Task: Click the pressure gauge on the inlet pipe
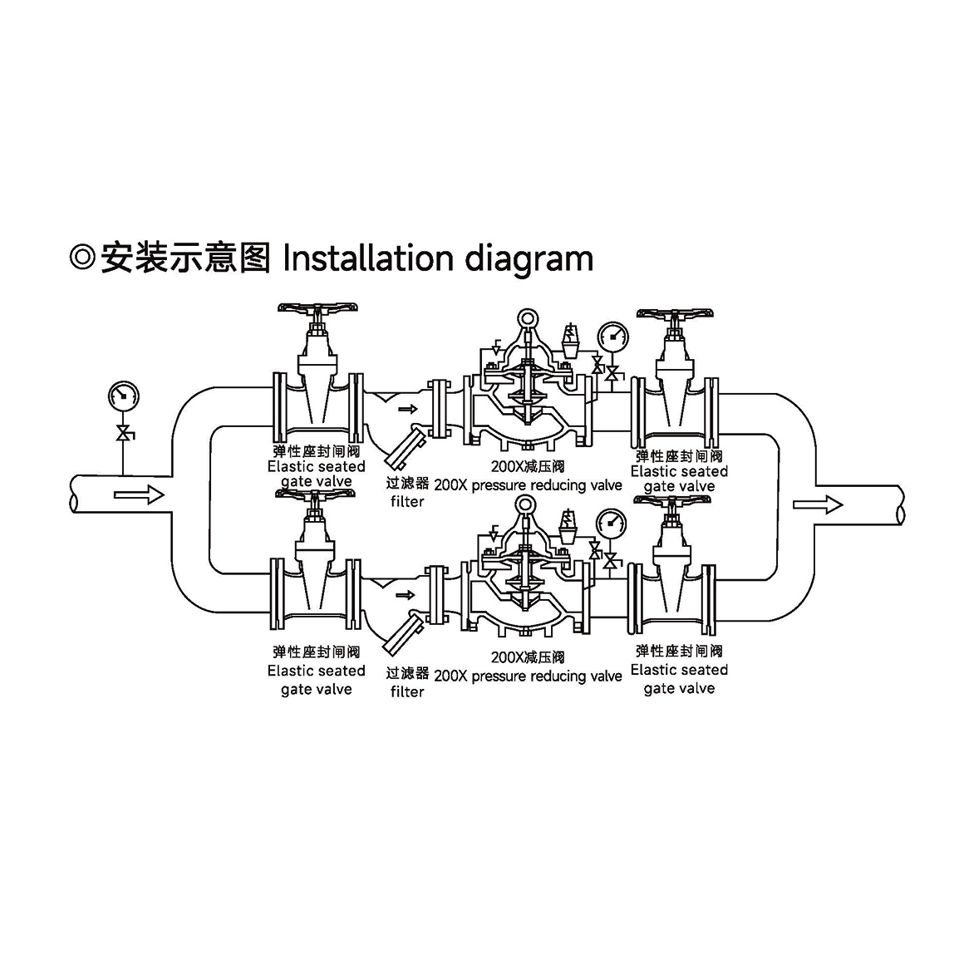pyautogui.click(x=123, y=396)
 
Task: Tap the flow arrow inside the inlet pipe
pyautogui.click(x=140, y=496)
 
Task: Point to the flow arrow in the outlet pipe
pyautogui.click(x=818, y=504)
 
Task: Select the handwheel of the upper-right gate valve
pyautogui.click(x=676, y=315)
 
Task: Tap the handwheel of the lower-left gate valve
pyautogui.click(x=317, y=495)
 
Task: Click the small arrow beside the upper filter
pyautogui.click(x=407, y=409)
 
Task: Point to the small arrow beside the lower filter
pyautogui.click(x=406, y=595)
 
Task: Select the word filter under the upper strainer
pyautogui.click(x=407, y=502)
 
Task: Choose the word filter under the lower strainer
pyautogui.click(x=407, y=691)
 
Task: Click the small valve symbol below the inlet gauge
pyautogui.click(x=124, y=433)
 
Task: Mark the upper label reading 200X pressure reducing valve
pyautogui.click(x=528, y=485)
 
